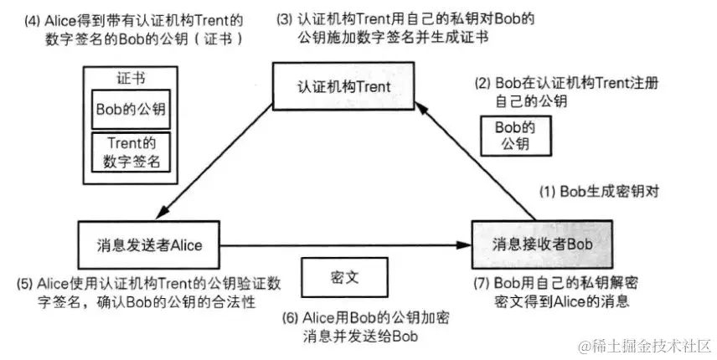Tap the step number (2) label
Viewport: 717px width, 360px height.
[x=483, y=85]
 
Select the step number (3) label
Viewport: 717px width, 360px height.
[x=285, y=18]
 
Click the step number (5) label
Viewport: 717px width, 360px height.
[x=25, y=283]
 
